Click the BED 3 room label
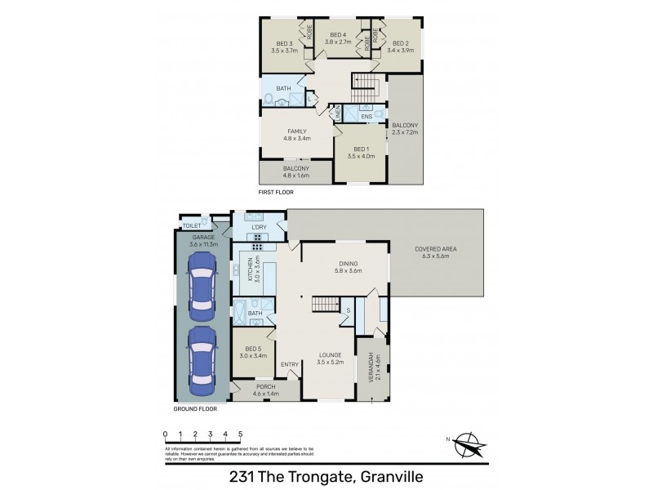(284, 43)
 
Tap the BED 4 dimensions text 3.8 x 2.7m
(337, 41)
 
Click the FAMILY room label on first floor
(297, 131)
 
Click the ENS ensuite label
(366, 117)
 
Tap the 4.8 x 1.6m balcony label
(296, 174)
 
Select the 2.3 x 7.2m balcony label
(405, 131)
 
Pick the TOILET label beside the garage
(192, 225)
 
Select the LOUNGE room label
(331, 356)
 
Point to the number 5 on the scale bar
(240, 434)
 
